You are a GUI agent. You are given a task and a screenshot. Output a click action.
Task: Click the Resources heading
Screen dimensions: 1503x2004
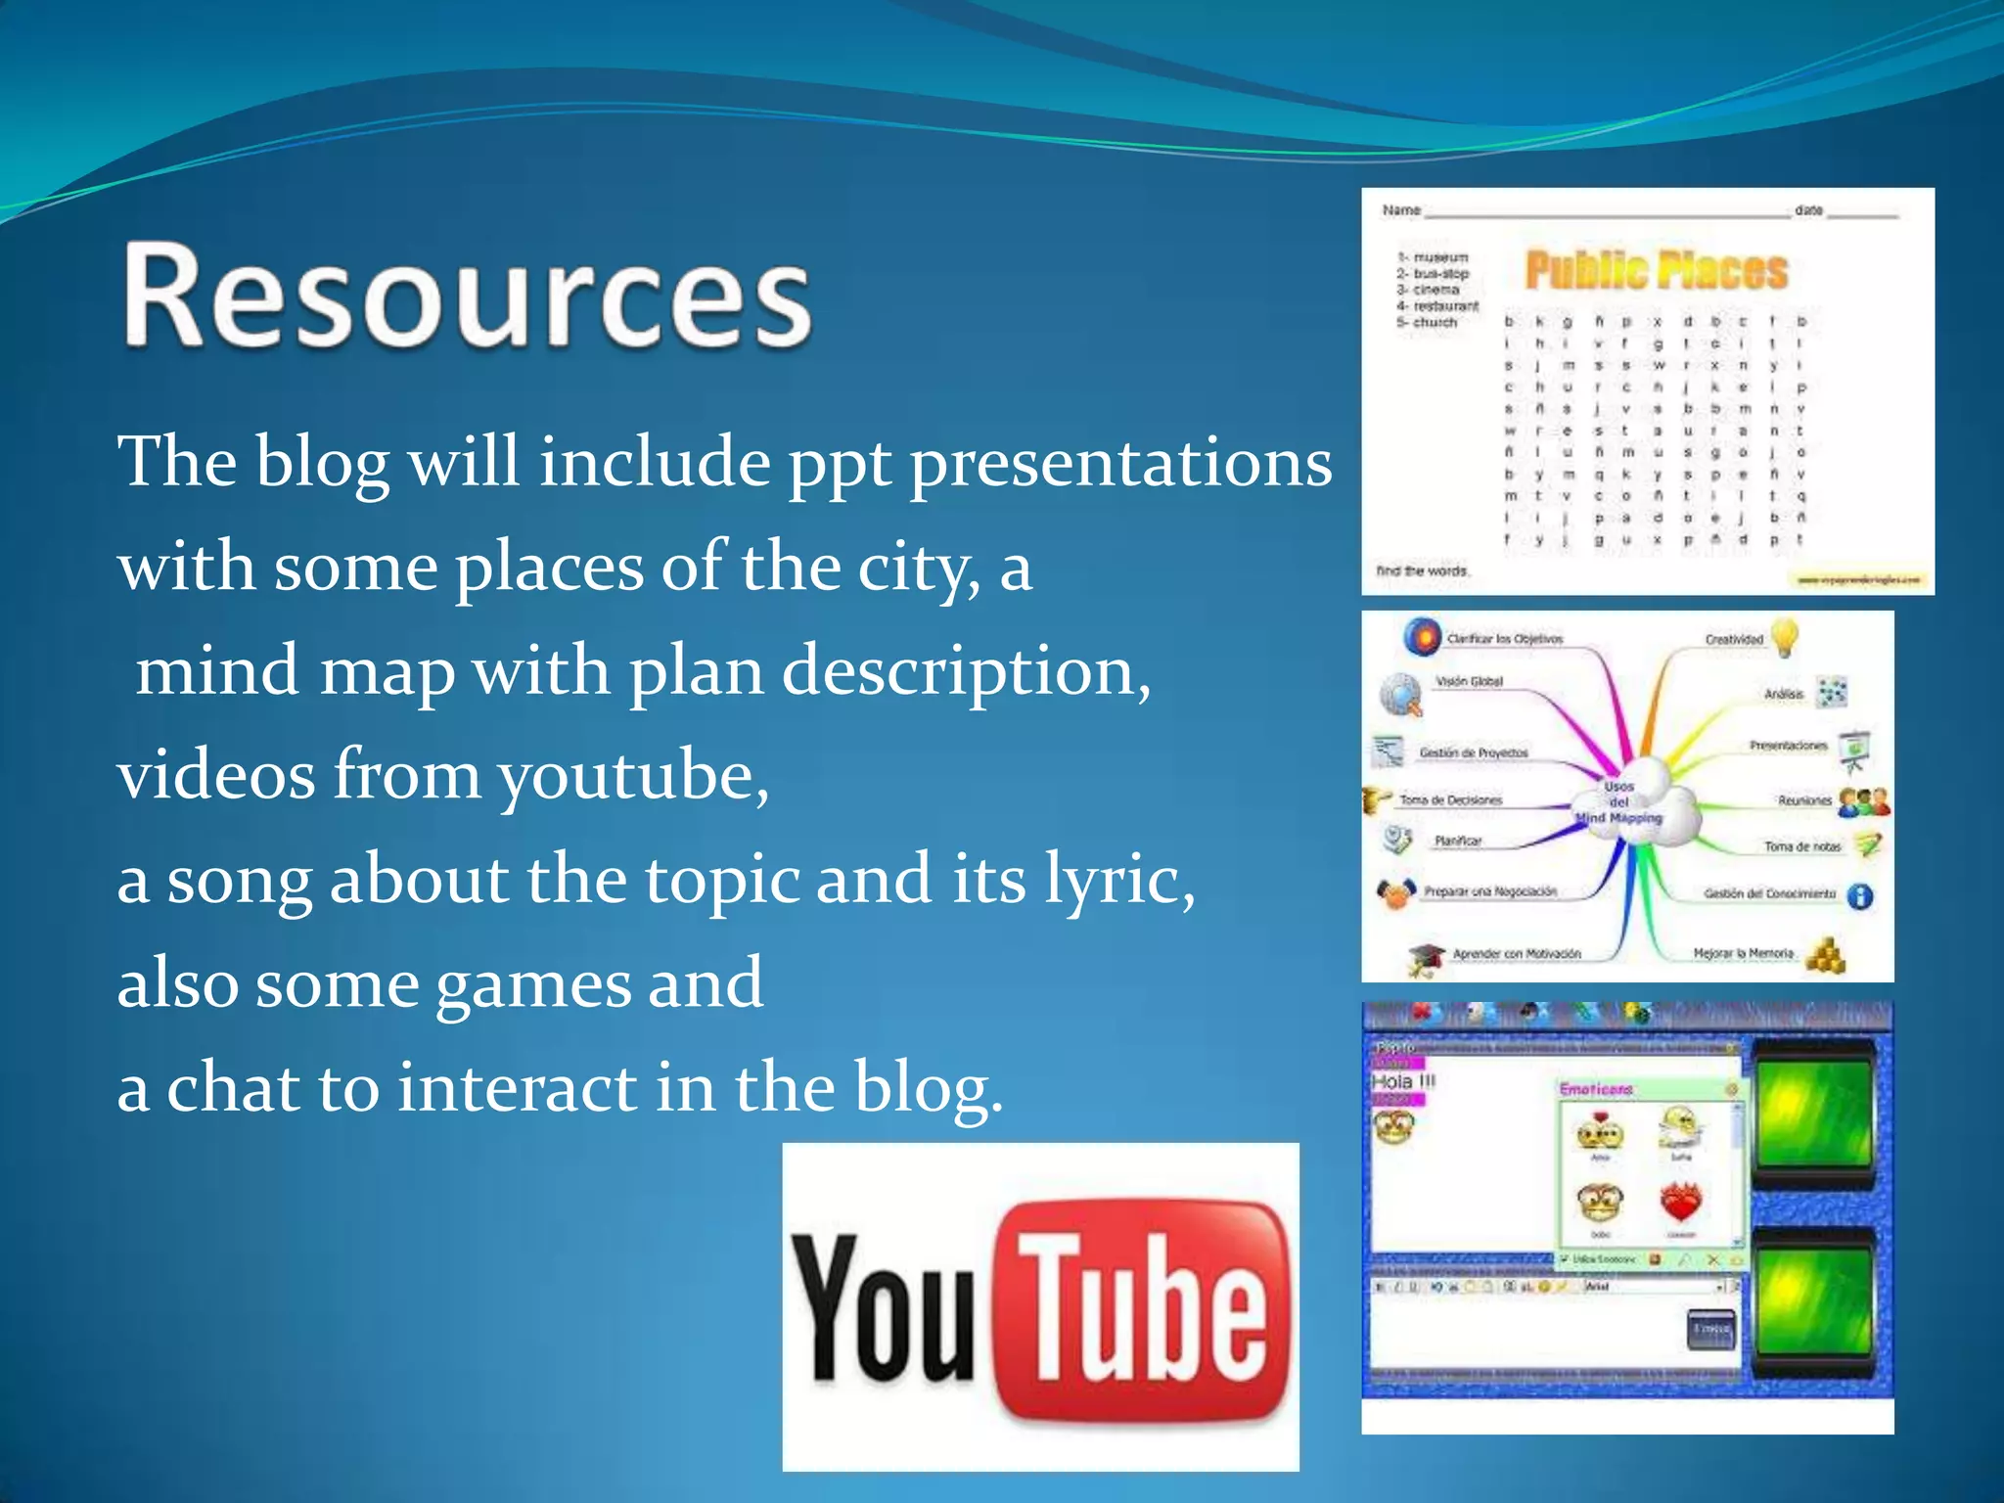[468, 296]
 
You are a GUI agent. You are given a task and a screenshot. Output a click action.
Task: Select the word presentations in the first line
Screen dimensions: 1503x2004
[1120, 462]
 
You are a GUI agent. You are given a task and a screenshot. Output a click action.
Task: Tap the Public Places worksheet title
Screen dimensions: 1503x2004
[1657, 271]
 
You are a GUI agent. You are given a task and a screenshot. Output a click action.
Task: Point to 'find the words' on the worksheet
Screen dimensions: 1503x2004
[1422, 570]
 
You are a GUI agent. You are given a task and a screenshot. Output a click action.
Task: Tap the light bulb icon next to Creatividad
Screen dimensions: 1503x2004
[1785, 637]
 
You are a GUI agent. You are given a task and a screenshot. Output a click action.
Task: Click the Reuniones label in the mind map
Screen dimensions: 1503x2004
[1804, 800]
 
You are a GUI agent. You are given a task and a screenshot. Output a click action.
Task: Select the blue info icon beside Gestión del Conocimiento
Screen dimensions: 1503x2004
[1859, 895]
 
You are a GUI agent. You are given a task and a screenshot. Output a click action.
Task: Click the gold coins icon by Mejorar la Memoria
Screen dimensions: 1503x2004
[1825, 955]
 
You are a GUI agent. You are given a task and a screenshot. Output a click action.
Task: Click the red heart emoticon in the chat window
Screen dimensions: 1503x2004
[1681, 1203]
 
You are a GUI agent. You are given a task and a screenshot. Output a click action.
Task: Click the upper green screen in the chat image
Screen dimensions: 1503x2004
[1813, 1115]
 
